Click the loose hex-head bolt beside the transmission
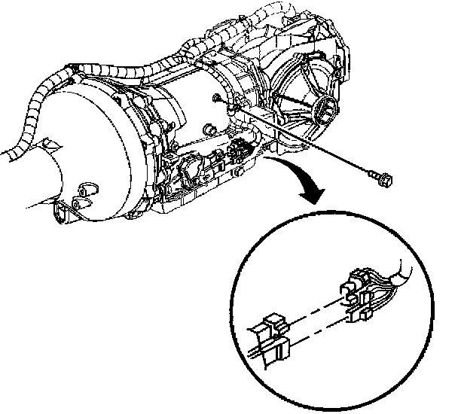[x=380, y=178]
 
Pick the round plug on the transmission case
[x=84, y=188]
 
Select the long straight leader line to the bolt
[x=301, y=139]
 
